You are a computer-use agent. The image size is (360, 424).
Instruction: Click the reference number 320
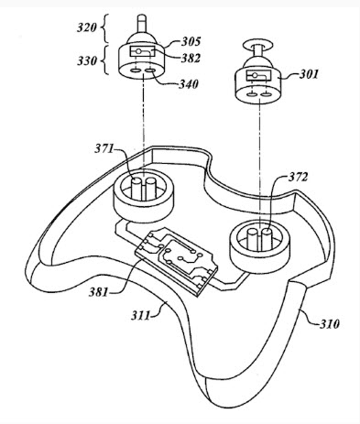tap(87, 27)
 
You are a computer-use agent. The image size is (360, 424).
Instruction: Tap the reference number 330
tap(87, 60)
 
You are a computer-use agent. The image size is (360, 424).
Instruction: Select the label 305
tap(191, 41)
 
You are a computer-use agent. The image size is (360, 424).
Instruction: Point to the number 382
tap(191, 58)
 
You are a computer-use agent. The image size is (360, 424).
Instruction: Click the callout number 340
tap(189, 84)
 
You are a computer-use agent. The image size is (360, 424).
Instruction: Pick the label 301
tap(309, 74)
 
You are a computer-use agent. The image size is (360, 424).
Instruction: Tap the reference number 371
tap(104, 148)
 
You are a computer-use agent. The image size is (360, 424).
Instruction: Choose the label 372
tap(298, 177)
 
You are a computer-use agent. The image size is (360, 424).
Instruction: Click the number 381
tap(98, 292)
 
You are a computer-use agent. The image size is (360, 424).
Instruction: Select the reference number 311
tap(140, 315)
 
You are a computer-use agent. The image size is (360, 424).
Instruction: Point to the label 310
tap(330, 323)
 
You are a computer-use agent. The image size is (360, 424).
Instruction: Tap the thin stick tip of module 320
tap(141, 23)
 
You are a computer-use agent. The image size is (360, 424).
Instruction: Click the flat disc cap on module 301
tap(258, 44)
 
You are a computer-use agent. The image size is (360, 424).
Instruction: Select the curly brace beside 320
tap(104, 28)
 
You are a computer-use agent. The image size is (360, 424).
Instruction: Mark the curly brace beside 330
tap(104, 60)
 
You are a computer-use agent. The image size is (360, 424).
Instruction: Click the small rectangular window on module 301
tap(258, 75)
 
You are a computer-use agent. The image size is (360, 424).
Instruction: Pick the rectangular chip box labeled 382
tap(143, 51)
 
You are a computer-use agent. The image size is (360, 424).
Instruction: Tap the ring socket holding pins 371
tap(144, 194)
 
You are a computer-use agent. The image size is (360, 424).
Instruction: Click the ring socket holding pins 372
tap(259, 246)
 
